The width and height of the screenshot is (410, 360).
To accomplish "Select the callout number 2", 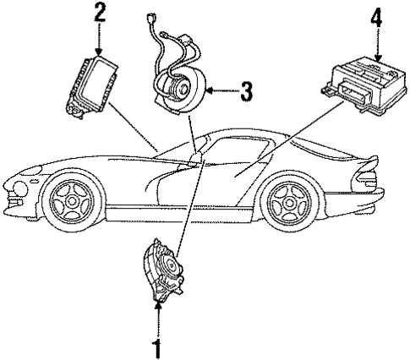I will click(x=101, y=12).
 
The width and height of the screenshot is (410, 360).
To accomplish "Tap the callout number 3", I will click(x=246, y=92).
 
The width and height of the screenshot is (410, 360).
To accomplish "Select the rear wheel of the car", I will click(x=287, y=205).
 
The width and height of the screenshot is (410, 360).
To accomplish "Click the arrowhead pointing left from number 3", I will click(x=211, y=92).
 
